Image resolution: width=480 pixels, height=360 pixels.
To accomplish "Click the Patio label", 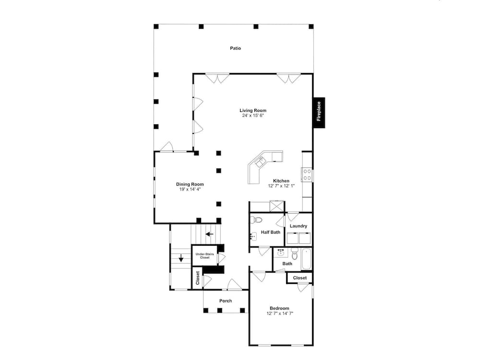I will pos(235,48).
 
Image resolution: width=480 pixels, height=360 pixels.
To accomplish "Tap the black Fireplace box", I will pos(318,112).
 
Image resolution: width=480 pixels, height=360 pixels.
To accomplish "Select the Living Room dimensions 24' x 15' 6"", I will pos(253,116).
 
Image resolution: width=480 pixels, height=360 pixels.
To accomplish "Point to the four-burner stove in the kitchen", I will pos(307,175).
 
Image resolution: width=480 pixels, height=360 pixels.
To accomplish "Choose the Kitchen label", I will pos(281,181).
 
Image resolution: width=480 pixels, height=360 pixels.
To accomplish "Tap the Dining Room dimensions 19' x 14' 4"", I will pos(190,190).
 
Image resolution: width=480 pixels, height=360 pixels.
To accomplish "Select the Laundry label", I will pos(299,226).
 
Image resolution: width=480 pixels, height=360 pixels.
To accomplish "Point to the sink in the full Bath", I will pos(281,253).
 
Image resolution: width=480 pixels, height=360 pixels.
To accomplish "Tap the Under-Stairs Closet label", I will pos(205,255).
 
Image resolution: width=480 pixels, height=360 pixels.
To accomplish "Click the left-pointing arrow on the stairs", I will pos(209,234).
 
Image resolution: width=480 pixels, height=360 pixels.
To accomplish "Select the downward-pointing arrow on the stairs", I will pos(181,259).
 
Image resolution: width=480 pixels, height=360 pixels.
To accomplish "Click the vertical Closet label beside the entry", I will pos(197,278).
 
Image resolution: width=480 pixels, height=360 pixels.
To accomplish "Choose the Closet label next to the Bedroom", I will pos(300,278).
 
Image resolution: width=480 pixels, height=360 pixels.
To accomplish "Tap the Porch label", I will pos(226,301).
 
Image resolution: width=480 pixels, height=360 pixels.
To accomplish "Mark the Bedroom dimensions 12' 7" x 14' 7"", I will pos(280,313).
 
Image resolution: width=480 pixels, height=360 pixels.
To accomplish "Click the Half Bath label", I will pos(270,232).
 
